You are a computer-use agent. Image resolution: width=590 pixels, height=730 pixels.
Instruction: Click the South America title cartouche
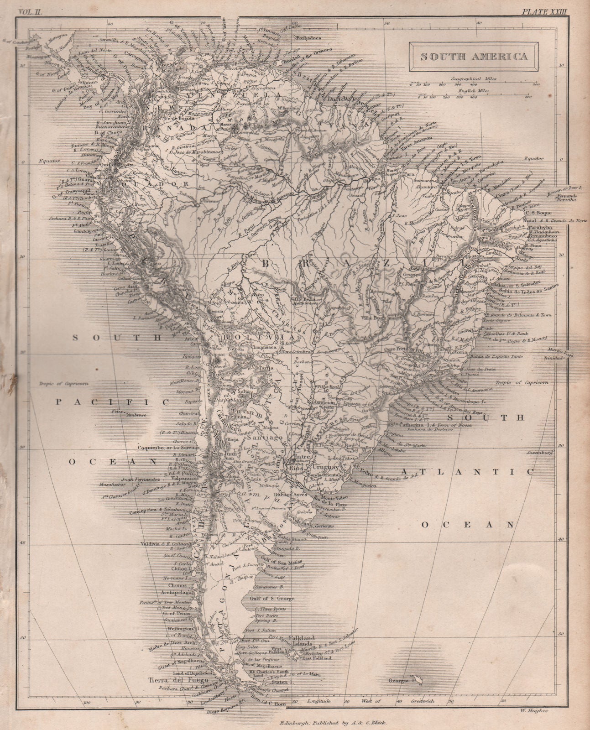coord(476,57)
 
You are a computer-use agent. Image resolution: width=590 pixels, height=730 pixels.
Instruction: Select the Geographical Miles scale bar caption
coord(473,79)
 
